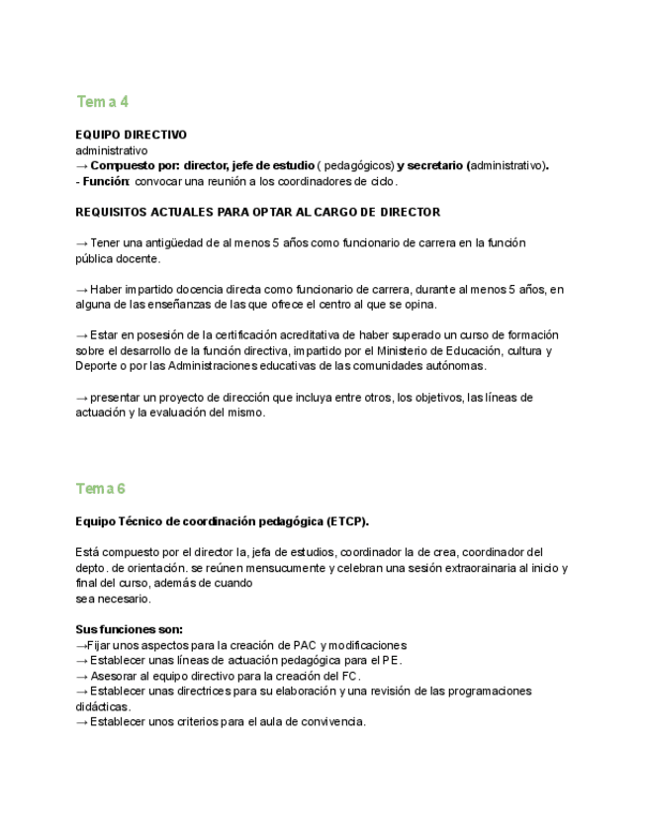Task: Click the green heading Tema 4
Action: [x=102, y=102]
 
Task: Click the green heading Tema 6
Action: [x=101, y=489]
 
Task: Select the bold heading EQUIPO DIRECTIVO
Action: [x=131, y=135]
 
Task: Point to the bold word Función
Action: [x=106, y=182]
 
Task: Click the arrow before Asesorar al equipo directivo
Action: [x=82, y=676]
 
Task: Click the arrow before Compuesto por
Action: [x=82, y=166]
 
